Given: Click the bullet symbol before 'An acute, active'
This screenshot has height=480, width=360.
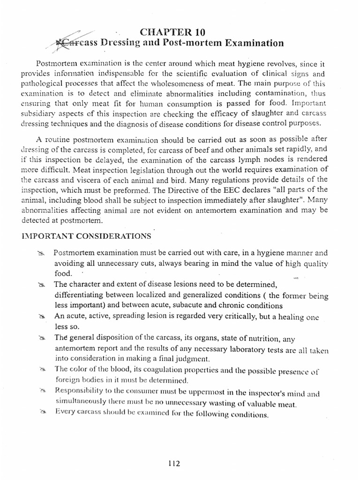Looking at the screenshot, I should pos(42,317).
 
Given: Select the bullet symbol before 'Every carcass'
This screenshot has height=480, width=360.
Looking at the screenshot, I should pos(42,412).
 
